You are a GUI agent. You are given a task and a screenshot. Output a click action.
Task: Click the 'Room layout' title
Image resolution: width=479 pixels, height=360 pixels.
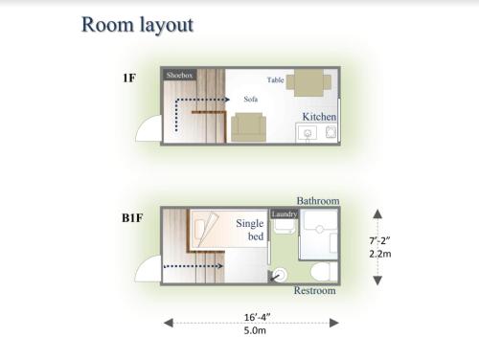coord(137,25)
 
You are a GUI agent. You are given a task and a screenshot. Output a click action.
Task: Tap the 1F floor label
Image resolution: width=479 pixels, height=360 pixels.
coord(128,77)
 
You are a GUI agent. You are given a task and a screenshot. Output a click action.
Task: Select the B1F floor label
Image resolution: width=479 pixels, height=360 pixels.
coord(132,218)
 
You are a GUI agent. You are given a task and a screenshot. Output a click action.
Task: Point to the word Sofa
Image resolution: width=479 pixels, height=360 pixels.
coord(251,99)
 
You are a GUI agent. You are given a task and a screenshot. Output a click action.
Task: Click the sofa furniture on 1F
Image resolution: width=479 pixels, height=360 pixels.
coord(248,126)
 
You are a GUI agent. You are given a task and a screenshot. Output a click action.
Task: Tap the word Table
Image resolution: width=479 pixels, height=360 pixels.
coord(275,80)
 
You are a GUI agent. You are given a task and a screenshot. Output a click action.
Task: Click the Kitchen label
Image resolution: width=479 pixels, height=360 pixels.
coord(319,117)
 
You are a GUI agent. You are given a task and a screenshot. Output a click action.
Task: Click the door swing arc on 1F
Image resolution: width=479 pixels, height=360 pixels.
coord(148,128)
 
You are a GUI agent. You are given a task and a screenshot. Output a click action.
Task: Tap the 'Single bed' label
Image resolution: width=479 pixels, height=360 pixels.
coord(249,230)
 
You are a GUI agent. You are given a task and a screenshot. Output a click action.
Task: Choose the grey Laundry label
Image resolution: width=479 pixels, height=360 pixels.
coord(284,214)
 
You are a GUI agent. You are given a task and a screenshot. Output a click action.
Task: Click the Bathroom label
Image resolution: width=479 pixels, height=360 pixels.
coord(317,201)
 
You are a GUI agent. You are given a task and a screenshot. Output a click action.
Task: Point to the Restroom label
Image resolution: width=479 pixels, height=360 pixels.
coord(314,290)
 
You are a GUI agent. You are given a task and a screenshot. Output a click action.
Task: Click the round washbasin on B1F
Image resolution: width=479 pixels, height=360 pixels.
coord(279,275)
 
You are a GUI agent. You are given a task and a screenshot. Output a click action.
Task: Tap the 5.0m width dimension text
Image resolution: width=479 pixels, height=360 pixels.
coord(254,330)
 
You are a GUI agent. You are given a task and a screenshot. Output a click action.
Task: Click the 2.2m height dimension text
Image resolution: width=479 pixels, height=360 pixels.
coord(378,254)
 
